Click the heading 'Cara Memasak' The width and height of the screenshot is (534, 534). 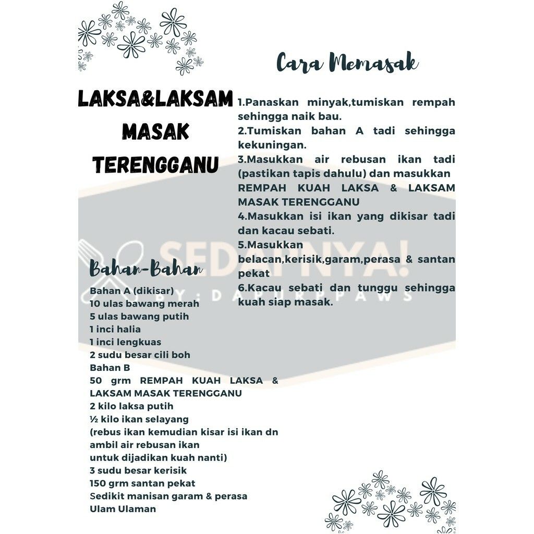tap(347, 63)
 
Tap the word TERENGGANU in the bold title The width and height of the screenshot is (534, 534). tap(155, 165)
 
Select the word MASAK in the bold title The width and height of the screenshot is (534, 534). tap(155, 132)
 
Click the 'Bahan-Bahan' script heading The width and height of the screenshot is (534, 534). tap(145, 269)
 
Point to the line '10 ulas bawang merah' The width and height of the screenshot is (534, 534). tap(144, 304)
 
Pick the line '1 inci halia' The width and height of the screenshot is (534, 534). tap(115, 329)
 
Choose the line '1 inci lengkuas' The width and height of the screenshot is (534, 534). tap(125, 342)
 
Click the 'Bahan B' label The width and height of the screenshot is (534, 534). tap(110, 368)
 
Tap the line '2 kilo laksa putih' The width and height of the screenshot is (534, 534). tap(131, 406)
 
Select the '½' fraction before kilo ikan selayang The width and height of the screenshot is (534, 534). tap(94, 419)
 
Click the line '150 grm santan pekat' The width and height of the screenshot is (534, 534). tap(142, 483)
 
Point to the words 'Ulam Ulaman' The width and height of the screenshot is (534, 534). tap(123, 508)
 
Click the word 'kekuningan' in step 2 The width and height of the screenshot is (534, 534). tap(272, 144)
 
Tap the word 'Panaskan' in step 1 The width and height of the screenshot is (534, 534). tap(271, 102)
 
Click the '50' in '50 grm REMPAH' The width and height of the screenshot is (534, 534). tap(95, 381)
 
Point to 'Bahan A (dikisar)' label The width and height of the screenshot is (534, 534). tap(131, 290)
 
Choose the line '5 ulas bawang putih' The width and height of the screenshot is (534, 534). tap(139, 317)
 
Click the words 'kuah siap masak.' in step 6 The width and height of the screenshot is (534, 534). tap(285, 301)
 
